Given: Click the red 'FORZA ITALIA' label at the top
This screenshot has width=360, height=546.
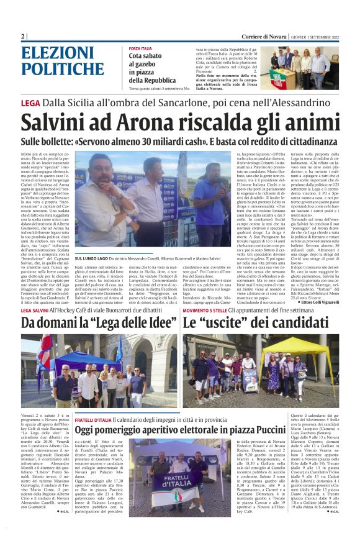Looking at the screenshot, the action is tap(140, 48).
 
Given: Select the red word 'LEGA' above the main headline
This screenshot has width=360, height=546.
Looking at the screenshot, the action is tap(30, 103).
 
